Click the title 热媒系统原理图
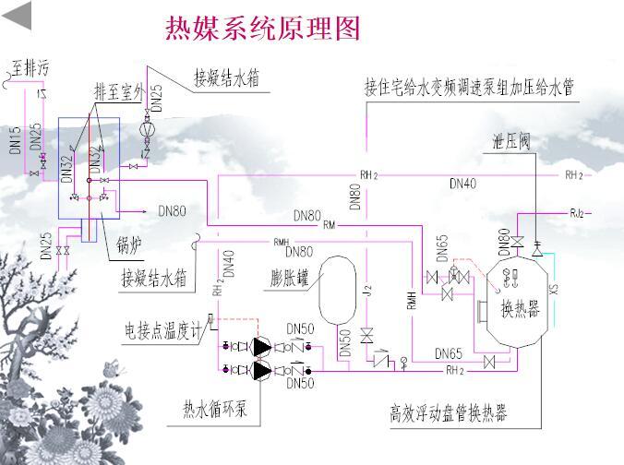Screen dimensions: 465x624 (x=261, y=29)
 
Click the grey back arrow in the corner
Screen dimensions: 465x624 (x=18, y=15)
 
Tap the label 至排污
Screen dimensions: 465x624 (x=29, y=66)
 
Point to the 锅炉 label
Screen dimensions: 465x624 (x=130, y=244)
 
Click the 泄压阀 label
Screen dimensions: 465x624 (x=510, y=141)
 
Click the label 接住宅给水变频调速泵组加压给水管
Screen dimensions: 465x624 (x=469, y=87)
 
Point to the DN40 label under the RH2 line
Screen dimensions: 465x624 (x=462, y=185)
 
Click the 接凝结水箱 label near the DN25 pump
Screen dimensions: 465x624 (x=226, y=77)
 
